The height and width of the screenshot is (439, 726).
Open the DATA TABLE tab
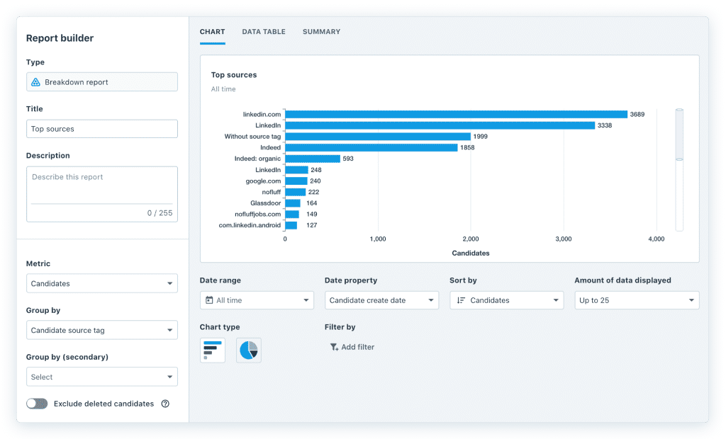(x=264, y=32)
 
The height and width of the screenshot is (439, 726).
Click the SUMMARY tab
(x=321, y=32)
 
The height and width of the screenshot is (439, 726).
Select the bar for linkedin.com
(x=456, y=114)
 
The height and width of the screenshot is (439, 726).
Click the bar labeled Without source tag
(x=378, y=137)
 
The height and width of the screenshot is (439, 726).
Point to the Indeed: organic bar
(x=313, y=159)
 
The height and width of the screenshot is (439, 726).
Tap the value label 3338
(x=605, y=125)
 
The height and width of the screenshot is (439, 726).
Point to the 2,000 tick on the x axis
(x=471, y=239)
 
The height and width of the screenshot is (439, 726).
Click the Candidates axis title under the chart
(x=470, y=253)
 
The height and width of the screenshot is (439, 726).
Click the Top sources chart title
(x=234, y=75)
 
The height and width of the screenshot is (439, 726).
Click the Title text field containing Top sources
(x=102, y=129)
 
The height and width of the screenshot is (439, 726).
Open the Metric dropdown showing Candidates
(x=102, y=284)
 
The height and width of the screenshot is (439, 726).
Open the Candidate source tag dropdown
(x=102, y=331)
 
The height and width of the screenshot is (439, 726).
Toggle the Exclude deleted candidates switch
(x=37, y=404)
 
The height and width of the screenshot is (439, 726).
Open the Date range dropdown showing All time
(x=257, y=300)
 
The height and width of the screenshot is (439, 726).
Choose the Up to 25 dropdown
(x=637, y=300)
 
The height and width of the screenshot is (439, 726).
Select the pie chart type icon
(x=248, y=350)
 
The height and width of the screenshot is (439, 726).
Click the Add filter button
(x=352, y=347)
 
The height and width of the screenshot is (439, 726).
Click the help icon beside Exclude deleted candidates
(x=165, y=404)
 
